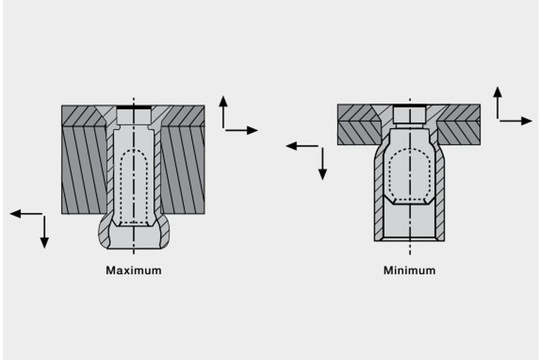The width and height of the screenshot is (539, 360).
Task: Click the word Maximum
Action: coord(133,270)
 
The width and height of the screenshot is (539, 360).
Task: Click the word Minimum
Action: coord(410,270)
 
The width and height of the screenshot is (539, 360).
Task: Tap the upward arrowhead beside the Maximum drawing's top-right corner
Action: coord(223,101)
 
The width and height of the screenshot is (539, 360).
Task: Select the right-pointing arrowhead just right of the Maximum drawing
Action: coord(252,131)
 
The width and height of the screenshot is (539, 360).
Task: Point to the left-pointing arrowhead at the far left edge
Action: coord(15,214)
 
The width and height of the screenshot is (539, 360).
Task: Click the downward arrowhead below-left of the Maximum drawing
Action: coord(44,243)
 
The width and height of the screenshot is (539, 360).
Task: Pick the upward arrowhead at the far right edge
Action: coord(497,92)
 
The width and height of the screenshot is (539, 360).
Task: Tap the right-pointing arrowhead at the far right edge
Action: coord(526,121)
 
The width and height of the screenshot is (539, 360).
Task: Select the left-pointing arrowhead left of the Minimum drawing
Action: coord(292,146)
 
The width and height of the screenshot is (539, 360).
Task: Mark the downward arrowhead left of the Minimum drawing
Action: coord(323,174)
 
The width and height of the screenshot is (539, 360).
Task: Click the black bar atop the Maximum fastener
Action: coord(134,107)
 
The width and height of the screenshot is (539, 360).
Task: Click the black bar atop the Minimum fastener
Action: coord(410,106)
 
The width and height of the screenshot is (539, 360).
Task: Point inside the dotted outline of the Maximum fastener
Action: coord(134,187)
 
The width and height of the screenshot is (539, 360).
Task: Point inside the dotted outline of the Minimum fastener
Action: coord(410,175)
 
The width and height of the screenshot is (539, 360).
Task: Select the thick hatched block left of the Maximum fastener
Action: coord(84,170)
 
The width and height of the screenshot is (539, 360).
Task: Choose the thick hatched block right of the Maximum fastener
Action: coord(183,170)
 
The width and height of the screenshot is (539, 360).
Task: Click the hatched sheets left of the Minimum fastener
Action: coord(357,124)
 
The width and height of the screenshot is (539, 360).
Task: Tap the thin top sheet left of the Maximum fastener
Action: coord(83,116)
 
